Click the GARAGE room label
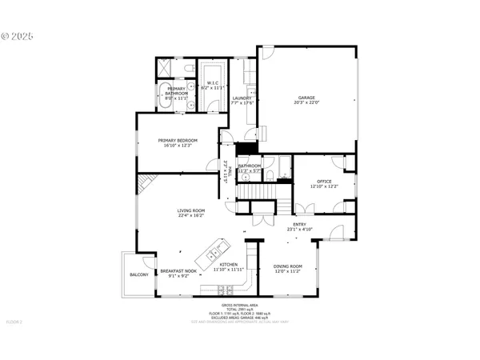pos(306,98)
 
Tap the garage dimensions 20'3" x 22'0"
pos(306,103)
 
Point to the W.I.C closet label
pos(213,82)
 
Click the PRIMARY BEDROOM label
pos(178,140)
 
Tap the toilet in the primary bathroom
pos(190,101)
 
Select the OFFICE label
pos(324,181)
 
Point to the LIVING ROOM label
pos(191,210)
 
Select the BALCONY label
pos(138,274)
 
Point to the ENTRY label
pos(299,226)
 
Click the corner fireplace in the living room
pos(146,186)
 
